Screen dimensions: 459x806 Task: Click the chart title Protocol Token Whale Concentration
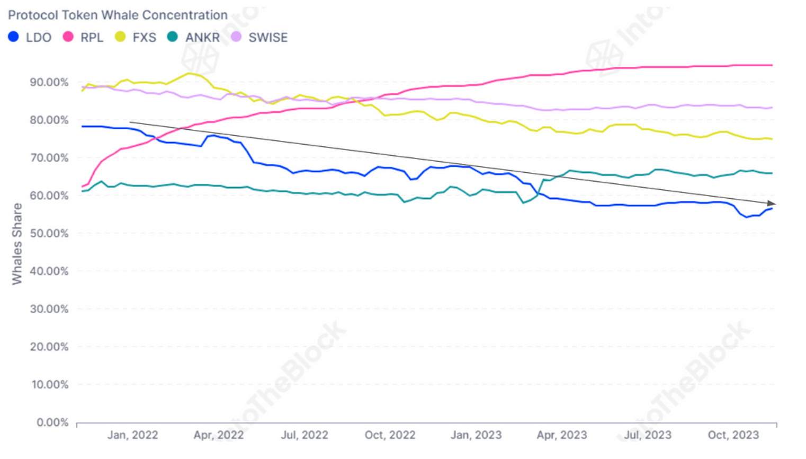pos(118,15)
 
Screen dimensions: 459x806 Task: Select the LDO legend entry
pos(30,37)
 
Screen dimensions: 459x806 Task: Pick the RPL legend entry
pos(83,37)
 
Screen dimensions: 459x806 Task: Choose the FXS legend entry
pos(136,37)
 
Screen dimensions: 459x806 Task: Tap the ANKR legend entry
pos(193,37)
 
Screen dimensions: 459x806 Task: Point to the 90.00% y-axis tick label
pos(49,82)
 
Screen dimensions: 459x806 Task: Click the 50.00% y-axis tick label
pos(49,233)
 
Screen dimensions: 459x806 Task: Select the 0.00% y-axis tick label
pos(52,422)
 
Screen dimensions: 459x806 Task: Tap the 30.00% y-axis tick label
pos(49,309)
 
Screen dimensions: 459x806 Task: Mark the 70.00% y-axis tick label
pos(49,158)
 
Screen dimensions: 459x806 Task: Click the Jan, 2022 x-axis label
pos(132,435)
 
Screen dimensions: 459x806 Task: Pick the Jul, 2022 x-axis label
pos(304,435)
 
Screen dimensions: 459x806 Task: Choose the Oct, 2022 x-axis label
pos(390,435)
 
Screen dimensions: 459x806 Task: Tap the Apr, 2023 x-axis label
pos(561,435)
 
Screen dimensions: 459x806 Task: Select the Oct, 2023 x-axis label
pos(733,435)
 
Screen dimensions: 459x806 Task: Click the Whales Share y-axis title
pos(17,244)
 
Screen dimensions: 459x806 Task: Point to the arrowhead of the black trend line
pos(773,204)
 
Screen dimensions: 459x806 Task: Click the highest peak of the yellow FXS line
pos(189,73)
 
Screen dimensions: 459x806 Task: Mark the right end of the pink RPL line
pos(772,65)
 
